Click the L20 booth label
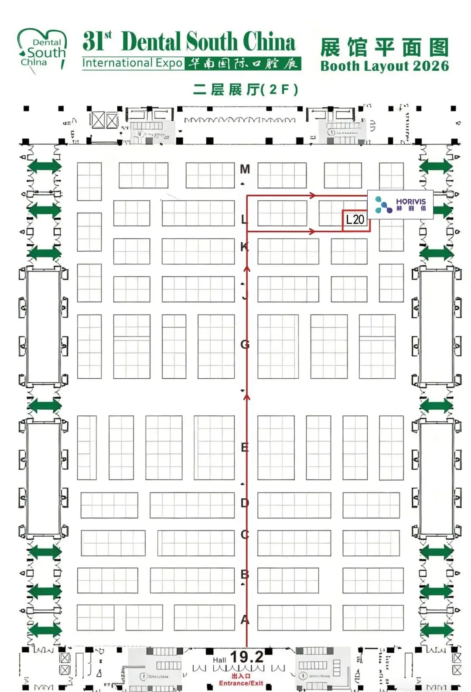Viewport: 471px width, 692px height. [355, 219]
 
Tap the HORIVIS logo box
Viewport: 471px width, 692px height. [400, 204]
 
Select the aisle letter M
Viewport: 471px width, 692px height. [245, 169]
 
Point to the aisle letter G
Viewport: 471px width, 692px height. [245, 345]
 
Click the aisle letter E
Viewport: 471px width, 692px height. [245, 447]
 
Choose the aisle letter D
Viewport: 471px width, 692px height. [245, 503]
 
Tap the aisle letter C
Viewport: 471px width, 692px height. [245, 534]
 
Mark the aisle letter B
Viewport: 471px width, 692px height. [245, 574]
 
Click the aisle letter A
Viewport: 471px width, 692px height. [245, 619]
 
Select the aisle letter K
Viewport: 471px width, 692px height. [244, 247]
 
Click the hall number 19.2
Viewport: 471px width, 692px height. [247, 657]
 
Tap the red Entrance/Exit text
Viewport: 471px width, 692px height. [241, 683]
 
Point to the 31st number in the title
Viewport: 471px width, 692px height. [97, 42]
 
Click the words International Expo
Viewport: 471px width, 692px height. [132, 63]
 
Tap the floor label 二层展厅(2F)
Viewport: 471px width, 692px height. [246, 89]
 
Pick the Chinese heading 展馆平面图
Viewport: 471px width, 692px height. [384, 48]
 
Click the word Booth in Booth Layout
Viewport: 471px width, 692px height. [340, 66]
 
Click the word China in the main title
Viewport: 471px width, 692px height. [269, 42]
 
